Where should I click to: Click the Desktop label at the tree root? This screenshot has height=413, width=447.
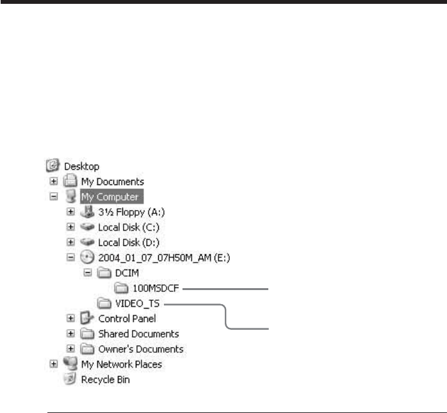(x=81, y=166)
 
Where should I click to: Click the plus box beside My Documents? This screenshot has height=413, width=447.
(x=54, y=181)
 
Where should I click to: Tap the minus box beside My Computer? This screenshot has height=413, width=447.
(x=54, y=197)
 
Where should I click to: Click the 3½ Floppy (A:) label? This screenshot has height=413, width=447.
(x=131, y=212)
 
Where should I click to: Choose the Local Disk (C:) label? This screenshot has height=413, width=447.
(x=129, y=227)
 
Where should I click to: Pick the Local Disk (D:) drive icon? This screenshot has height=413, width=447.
(x=87, y=242)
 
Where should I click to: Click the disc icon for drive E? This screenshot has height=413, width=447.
(x=87, y=257)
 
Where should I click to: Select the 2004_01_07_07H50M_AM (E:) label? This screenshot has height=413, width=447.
(x=164, y=257)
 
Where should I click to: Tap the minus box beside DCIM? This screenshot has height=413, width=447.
(x=88, y=273)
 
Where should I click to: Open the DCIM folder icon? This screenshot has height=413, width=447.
(x=104, y=273)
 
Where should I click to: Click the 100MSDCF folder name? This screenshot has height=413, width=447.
(x=156, y=288)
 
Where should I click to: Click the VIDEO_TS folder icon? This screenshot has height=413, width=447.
(x=104, y=304)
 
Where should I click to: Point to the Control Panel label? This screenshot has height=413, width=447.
(x=127, y=319)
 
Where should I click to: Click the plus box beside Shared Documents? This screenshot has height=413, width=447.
(x=70, y=334)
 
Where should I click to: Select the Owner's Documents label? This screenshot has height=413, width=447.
(x=141, y=349)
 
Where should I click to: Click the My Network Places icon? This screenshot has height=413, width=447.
(x=70, y=364)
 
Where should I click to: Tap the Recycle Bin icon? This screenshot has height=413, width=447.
(x=70, y=379)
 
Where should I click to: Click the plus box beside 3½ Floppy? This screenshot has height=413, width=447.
(x=70, y=212)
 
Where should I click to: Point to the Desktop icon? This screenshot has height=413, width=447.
(x=53, y=165)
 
